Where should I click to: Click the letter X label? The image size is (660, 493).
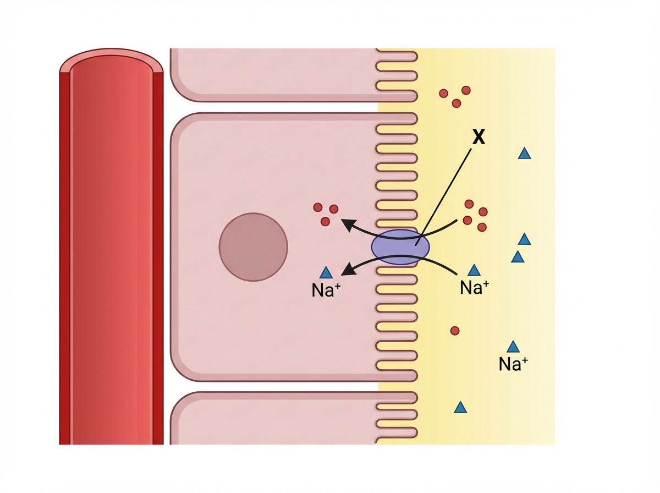pos(479,138)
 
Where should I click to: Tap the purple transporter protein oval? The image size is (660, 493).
pos(400,247)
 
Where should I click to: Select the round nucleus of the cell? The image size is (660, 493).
pos(253,246)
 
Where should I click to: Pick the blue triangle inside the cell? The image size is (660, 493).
pos(326,272)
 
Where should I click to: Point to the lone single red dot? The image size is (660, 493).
pos(455,331)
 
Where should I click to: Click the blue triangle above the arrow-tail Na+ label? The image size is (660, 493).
pos(474,270)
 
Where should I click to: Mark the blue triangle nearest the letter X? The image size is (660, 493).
pos(524,154)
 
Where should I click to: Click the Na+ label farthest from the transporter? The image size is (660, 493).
pos(513,364)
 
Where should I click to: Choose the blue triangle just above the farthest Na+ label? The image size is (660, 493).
pos(513,347)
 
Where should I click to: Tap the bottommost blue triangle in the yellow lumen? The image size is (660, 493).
pos(461,408)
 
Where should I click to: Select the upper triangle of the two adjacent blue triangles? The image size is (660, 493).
pos(524,239)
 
